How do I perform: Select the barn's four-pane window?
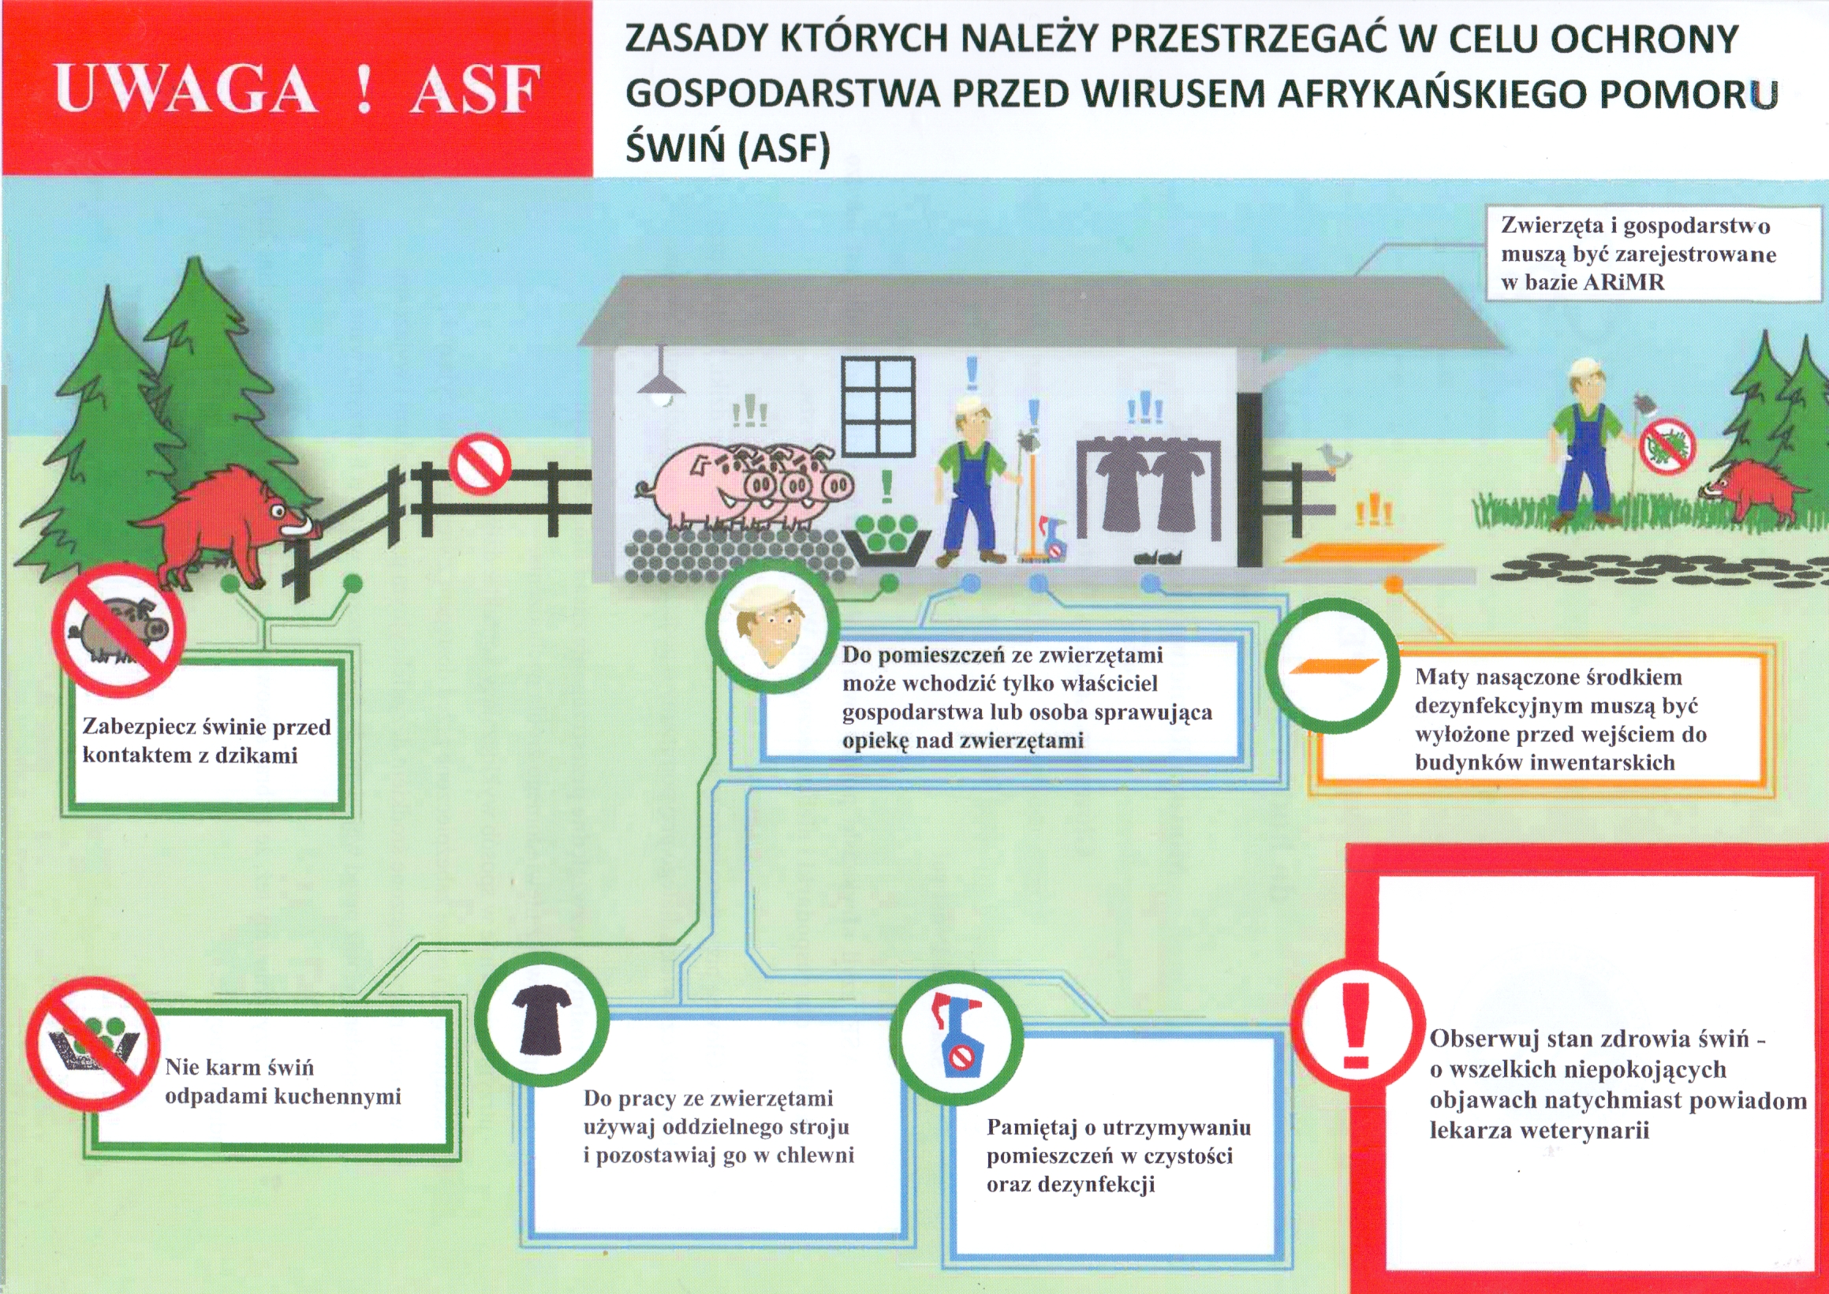[x=879, y=407]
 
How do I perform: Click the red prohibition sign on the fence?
[x=480, y=464]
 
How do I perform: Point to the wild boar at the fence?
[x=231, y=518]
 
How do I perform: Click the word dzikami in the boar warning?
[x=256, y=755]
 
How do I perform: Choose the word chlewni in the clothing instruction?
[x=815, y=1155]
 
